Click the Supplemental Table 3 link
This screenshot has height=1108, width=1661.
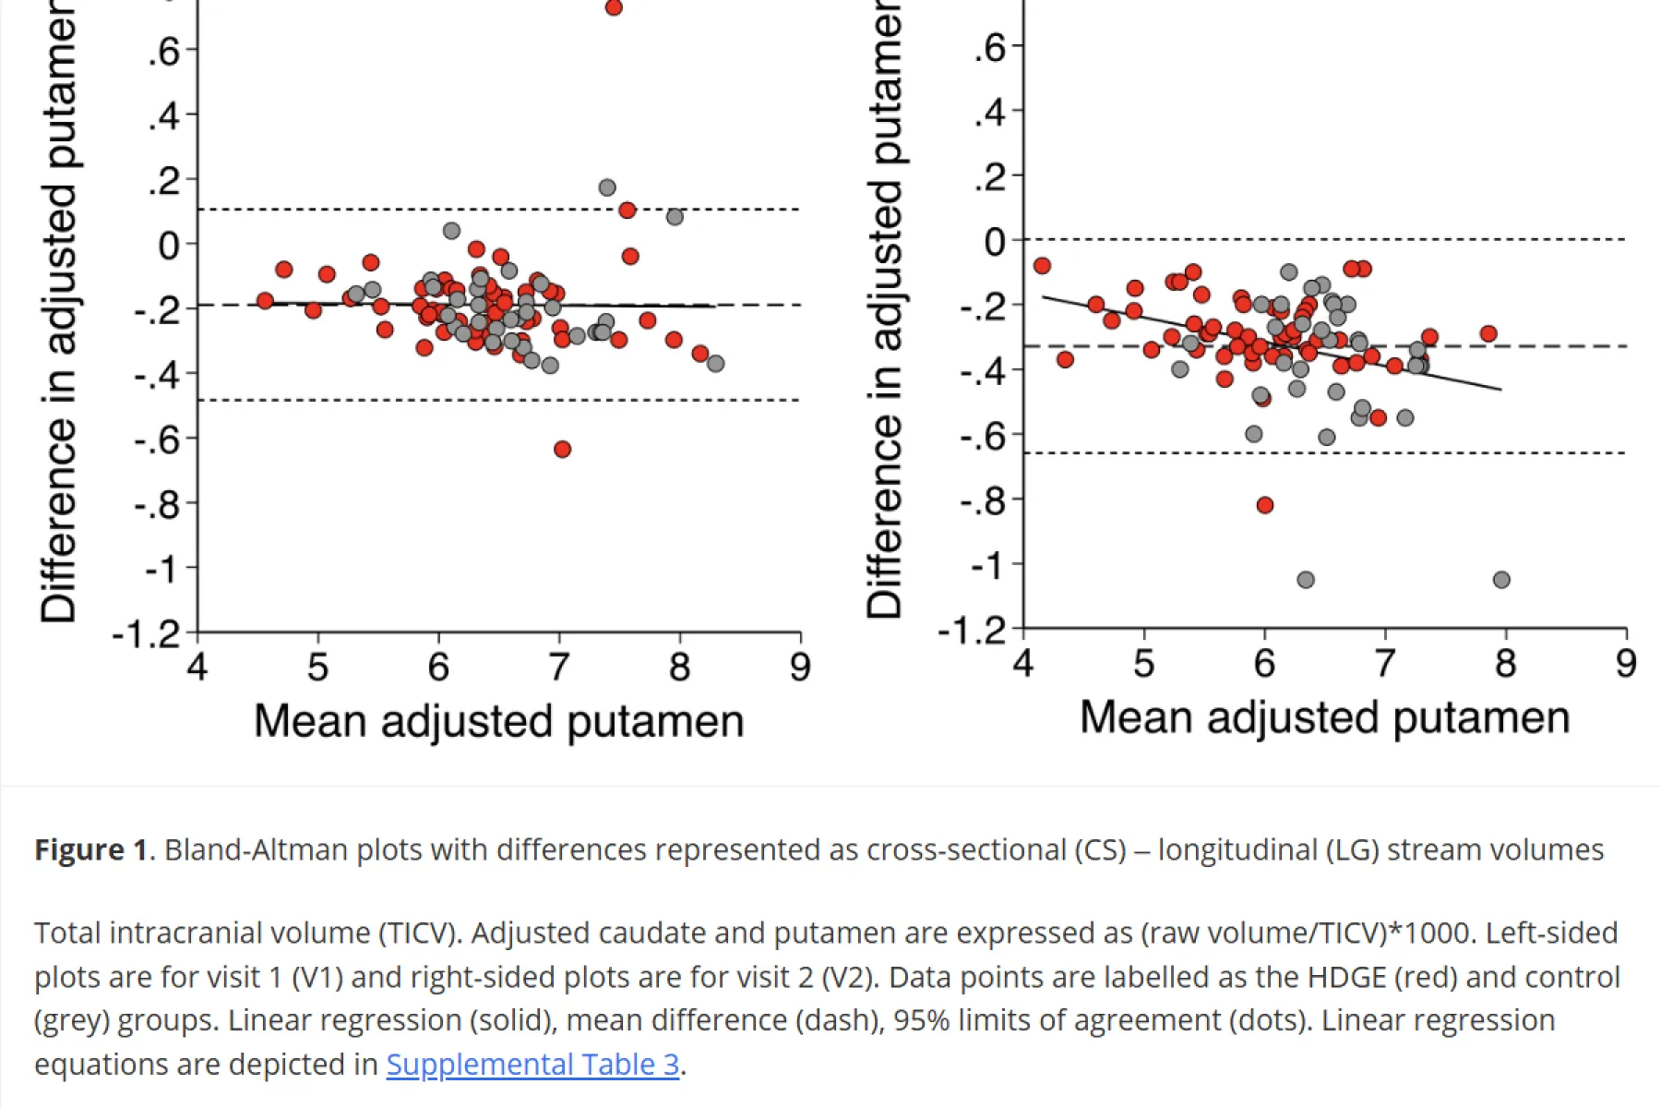pyautogui.click(x=532, y=1065)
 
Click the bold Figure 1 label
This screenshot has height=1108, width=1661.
pyautogui.click(x=90, y=849)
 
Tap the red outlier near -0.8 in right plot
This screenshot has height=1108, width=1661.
pyautogui.click(x=1265, y=505)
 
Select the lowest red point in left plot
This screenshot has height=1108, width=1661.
pyautogui.click(x=562, y=449)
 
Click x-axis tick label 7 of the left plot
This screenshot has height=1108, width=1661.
pyautogui.click(x=559, y=667)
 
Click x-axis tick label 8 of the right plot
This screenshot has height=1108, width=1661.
pyautogui.click(x=1505, y=663)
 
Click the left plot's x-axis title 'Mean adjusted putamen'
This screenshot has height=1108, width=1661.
pyautogui.click(x=498, y=721)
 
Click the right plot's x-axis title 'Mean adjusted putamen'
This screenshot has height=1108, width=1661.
pyautogui.click(x=1324, y=717)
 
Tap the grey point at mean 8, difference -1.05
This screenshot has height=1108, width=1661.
pyautogui.click(x=1501, y=580)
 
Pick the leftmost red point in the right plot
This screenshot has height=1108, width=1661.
pyautogui.click(x=1042, y=266)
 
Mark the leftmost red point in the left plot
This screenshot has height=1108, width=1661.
pyautogui.click(x=265, y=300)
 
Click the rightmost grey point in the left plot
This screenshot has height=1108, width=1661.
pyautogui.click(x=715, y=364)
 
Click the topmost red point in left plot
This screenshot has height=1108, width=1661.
pyautogui.click(x=614, y=7)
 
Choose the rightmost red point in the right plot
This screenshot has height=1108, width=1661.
pyautogui.click(x=1488, y=333)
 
